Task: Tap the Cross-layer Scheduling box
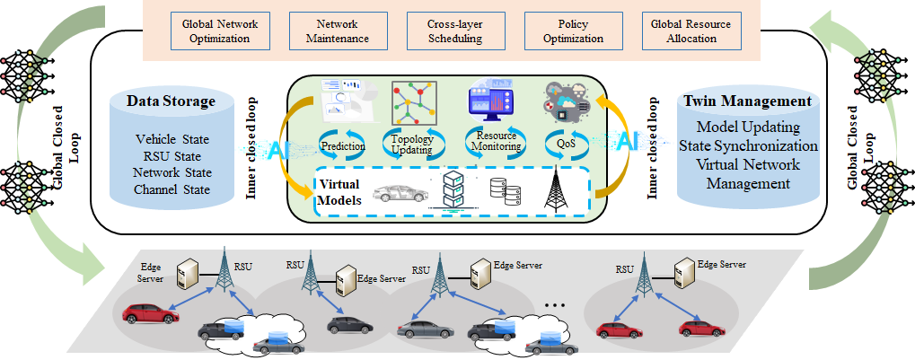pyautogui.click(x=444, y=31)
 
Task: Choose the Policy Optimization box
pyautogui.click(x=561, y=31)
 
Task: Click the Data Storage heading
pyautogui.click(x=171, y=101)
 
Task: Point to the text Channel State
pyautogui.click(x=172, y=189)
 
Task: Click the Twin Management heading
pyautogui.click(x=747, y=101)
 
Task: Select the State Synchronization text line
pyautogui.click(x=748, y=145)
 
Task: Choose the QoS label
pyautogui.click(x=566, y=143)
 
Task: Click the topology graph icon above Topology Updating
pyautogui.click(x=411, y=101)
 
